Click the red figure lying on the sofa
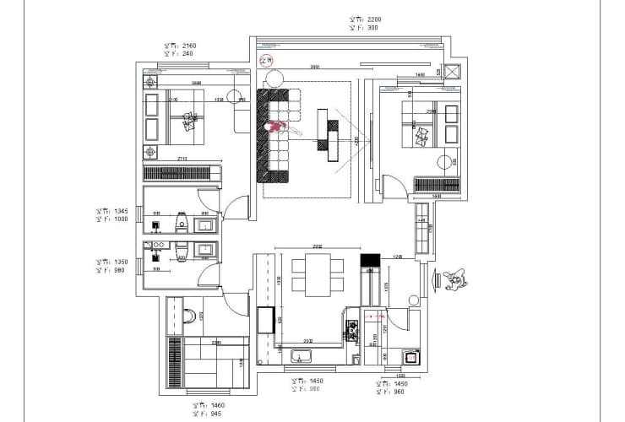pyautogui.click(x=277, y=127)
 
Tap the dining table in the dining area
pyautogui.click(x=318, y=276)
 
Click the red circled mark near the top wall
pyautogui.click(x=268, y=60)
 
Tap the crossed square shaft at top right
pyautogui.click(x=452, y=73)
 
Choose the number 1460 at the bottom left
pyautogui.click(x=218, y=406)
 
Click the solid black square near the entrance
pyautogui.click(x=371, y=261)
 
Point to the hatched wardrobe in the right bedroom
pyautogui.click(x=436, y=184)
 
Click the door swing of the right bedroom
pyautogui.click(x=393, y=187)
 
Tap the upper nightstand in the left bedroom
pyautogui.click(x=151, y=83)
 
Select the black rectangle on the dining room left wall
pyautogui.click(x=265, y=321)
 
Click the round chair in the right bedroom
pyautogui.click(x=444, y=163)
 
